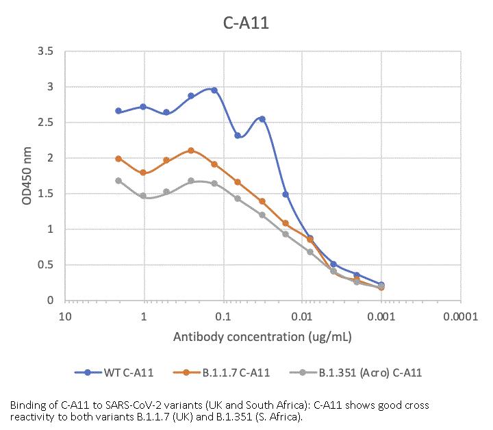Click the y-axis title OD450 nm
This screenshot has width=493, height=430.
coord(27,175)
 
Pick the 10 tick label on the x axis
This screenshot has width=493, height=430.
coord(64,317)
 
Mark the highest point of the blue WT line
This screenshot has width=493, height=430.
coord(214,90)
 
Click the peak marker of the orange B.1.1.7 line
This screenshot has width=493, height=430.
coord(191,151)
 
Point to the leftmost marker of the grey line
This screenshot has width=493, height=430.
coord(118,181)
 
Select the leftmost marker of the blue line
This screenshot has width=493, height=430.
coord(118,111)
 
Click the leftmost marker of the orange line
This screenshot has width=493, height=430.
coord(118,159)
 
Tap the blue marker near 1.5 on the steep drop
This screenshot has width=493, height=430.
coord(286,194)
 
